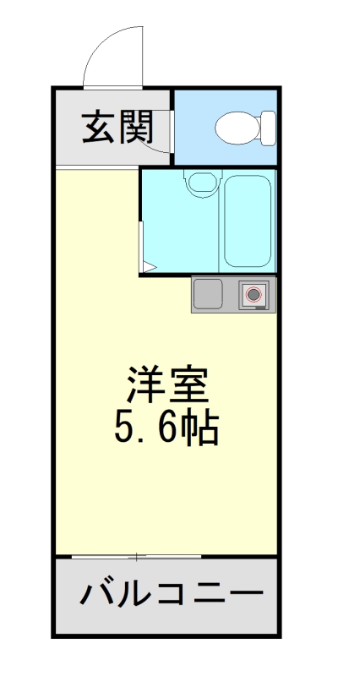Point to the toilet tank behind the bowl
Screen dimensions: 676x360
coord(268,128)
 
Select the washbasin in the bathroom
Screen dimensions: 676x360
coord(199,182)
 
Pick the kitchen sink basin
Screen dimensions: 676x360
coord(207,294)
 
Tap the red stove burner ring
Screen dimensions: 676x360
coord(254,295)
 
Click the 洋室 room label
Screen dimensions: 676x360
coord(166,387)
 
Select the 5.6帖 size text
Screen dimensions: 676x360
coord(166,428)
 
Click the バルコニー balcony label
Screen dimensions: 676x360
coord(166,595)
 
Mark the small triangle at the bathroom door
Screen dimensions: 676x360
coord(147,268)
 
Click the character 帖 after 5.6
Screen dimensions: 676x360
coord(203,428)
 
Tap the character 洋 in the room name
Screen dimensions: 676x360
coord(145,387)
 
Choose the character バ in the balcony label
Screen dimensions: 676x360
coord(98,595)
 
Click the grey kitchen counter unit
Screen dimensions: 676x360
coord(233,295)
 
